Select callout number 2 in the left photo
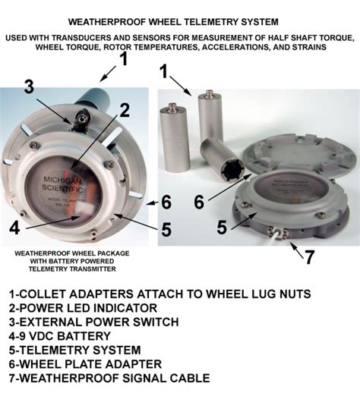pos(125,109)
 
